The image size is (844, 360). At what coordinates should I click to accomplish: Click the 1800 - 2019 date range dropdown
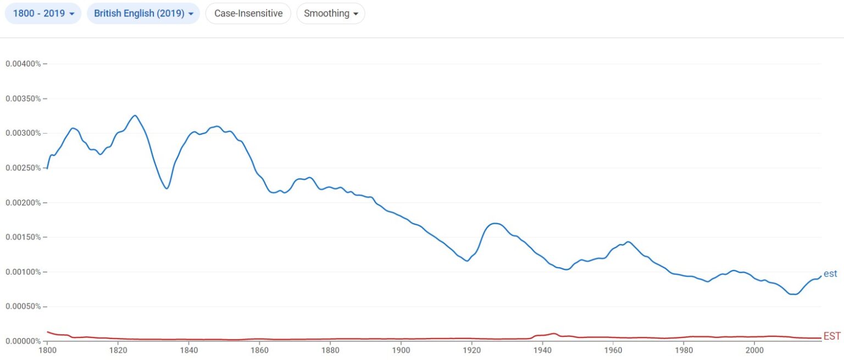coord(43,14)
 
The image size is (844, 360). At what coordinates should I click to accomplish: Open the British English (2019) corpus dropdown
coord(143,14)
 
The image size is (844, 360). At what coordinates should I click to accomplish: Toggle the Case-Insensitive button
coord(248,14)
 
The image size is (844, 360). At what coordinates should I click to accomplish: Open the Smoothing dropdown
coord(330,14)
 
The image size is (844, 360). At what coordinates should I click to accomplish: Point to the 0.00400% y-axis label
coord(23,64)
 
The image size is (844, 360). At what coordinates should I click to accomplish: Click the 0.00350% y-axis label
coord(23,99)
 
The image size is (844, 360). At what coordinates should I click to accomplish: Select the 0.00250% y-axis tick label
coord(23,168)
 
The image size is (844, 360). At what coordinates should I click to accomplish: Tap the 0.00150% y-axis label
coord(23,237)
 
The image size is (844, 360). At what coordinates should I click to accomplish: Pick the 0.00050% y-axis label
coord(23,307)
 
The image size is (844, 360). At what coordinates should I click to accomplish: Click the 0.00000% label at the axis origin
coord(23,341)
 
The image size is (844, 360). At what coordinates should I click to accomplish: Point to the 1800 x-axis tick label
coord(47,350)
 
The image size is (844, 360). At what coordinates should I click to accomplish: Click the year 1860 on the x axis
coord(259,350)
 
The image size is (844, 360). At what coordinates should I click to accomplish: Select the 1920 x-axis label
coord(471,350)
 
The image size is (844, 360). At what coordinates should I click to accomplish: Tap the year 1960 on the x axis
coord(613,350)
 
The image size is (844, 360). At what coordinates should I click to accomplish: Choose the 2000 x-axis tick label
coord(754,350)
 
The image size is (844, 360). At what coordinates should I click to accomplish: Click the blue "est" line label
coord(830,274)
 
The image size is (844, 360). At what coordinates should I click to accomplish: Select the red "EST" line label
coord(832,336)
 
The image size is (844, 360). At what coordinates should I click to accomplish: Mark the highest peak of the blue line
coord(135,115)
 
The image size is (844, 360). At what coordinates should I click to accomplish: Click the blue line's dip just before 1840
coord(166,189)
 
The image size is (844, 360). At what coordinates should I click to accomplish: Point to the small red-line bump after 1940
coord(554,334)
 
